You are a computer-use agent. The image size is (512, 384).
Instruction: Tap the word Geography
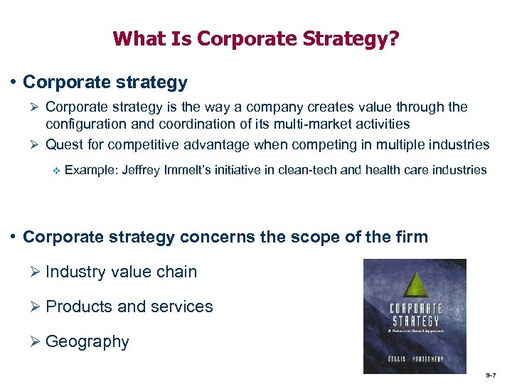87,342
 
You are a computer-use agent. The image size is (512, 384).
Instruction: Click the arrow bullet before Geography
37,342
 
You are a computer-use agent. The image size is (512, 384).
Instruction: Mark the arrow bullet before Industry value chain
37,272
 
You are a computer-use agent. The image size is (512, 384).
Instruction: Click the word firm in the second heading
410,237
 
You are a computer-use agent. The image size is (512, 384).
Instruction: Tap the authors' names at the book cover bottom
416,358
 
